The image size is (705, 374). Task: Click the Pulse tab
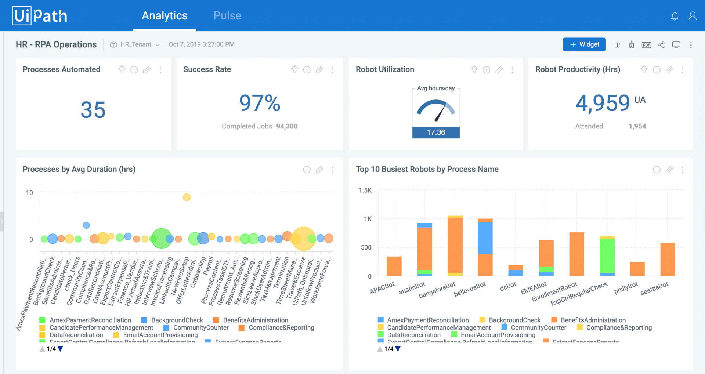[227, 15]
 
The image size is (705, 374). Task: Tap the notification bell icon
[675, 16]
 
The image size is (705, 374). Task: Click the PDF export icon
[646, 45]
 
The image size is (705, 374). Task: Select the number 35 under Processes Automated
[93, 110]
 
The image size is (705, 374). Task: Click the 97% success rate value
[260, 103]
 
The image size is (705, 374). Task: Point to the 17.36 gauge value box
[436, 132]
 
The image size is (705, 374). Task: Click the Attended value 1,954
[637, 126]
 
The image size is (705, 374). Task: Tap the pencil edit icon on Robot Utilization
[499, 70]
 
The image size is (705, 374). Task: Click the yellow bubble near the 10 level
[187, 197]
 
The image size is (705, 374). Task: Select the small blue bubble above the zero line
[86, 225]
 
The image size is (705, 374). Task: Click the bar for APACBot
[394, 266]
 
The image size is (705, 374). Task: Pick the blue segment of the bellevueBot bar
[485, 238]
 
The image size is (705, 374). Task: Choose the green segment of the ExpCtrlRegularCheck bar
[607, 255]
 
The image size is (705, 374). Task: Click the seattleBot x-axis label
[654, 289]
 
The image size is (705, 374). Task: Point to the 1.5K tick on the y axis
[365, 190]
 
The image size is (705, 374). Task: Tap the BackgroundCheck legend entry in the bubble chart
[177, 320]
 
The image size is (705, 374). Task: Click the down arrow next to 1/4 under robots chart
[398, 349]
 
